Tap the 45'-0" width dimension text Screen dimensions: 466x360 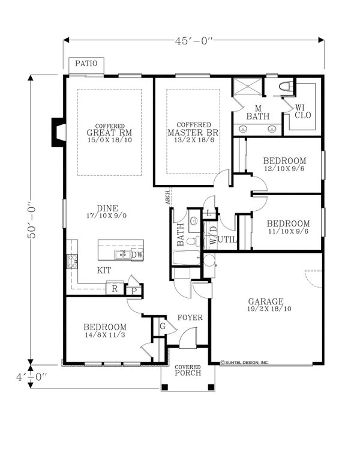(194, 40)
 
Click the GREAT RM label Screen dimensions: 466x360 (109, 132)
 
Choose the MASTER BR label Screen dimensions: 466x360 (192, 132)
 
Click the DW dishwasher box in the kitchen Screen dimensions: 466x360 (137, 255)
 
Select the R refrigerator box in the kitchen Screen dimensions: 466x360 (114, 289)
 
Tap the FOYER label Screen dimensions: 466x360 (190, 318)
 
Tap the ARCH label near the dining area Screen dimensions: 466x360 (169, 198)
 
